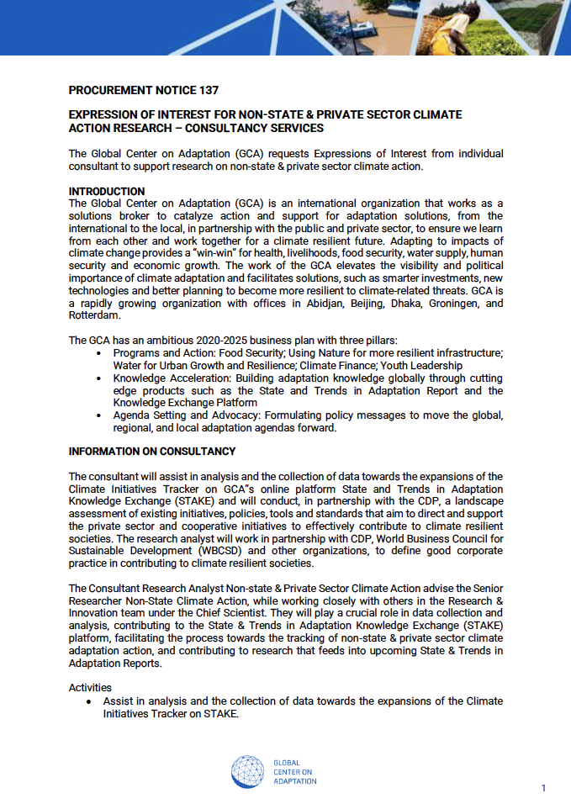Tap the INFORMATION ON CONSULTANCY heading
tap(152, 452)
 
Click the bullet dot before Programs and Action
tap(99, 354)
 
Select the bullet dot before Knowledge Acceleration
tap(99, 378)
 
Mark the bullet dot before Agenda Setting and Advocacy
tap(99, 415)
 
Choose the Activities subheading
tap(90, 688)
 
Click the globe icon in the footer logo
tap(248, 771)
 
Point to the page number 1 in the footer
tap(543, 788)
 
